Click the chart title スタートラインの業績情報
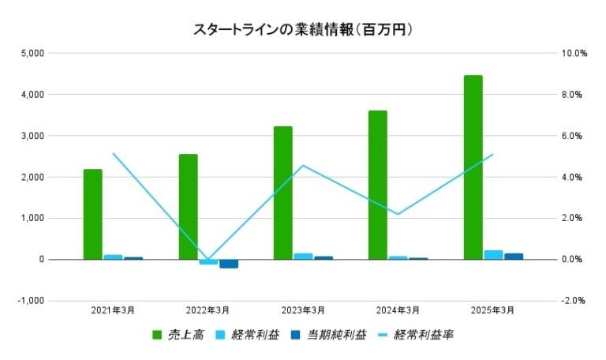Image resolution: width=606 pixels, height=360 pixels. click(304, 29)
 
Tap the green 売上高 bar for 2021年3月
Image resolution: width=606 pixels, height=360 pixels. click(93, 214)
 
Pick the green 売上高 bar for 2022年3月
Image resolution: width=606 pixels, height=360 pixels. click(188, 207)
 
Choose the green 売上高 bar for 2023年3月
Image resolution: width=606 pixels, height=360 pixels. click(283, 193)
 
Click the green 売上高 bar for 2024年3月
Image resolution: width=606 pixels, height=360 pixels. click(378, 185)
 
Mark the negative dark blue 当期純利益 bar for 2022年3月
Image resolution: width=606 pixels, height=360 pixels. click(229, 264)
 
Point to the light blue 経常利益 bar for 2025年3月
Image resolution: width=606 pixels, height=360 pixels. click(493, 255)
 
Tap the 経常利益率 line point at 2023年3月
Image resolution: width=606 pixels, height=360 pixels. click(303, 165)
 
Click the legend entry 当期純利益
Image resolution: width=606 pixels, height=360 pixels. click(331, 335)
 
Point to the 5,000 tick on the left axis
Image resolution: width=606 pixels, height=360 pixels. click(34, 54)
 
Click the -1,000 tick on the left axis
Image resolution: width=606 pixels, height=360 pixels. click(32, 301)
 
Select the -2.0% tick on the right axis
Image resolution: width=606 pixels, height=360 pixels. click(573, 301)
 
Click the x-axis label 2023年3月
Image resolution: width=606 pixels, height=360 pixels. click(303, 310)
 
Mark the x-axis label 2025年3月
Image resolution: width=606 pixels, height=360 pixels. click(493, 310)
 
